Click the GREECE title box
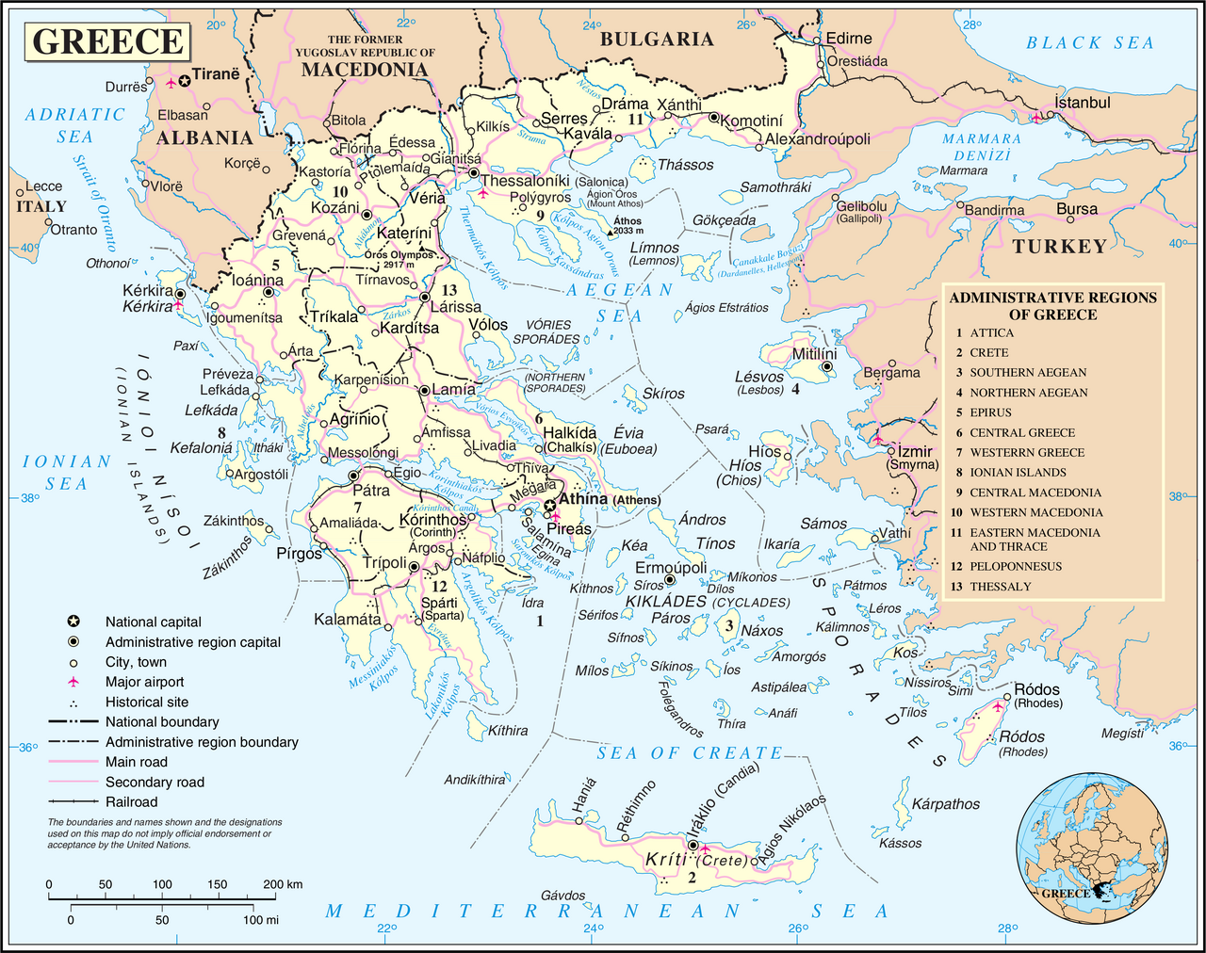coord(108,41)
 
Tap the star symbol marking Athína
coord(549,507)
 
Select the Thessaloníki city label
coord(525,181)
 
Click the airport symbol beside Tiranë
coord(171,83)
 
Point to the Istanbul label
coord(1082,103)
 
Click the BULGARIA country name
coord(657,39)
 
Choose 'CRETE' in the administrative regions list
coord(988,352)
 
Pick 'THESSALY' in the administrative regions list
coord(1000,587)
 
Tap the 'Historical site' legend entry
coord(146,702)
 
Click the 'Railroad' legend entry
coord(131,801)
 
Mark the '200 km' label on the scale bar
coord(283,884)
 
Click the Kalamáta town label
coord(348,620)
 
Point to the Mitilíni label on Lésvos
coord(813,354)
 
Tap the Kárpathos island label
coord(945,804)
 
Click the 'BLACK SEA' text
coord(1089,42)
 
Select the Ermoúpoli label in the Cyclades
coord(670,568)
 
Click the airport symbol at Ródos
coord(998,706)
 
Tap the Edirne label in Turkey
coord(848,39)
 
